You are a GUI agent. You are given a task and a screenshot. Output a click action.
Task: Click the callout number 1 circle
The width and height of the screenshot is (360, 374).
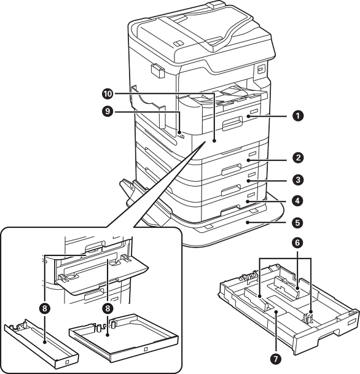pos(298,116)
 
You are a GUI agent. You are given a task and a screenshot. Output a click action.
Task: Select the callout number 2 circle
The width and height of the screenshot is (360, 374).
pos(298,158)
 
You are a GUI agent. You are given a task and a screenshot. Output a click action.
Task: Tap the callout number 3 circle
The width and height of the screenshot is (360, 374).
pos(298,179)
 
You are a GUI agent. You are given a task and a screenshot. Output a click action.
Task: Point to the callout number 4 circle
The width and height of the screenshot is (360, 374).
pos(298,201)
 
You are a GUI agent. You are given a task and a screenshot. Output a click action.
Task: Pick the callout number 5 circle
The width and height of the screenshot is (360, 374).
pos(298,222)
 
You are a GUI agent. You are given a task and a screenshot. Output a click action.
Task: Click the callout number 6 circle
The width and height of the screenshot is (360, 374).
pos(297,243)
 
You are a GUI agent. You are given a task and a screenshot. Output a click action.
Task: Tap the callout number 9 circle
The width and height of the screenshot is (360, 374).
pos(108,111)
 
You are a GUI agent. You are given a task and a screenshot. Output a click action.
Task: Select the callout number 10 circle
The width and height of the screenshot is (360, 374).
pos(108,94)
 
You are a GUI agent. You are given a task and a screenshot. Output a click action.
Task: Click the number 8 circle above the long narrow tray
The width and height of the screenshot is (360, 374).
pos(45,309)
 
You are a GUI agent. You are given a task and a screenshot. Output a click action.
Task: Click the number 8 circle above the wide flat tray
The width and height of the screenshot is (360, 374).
pos(108,309)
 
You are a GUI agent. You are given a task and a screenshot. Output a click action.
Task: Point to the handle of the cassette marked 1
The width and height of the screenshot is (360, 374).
pos(232,124)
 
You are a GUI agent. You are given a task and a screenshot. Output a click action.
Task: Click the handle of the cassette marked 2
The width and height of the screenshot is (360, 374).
pos(231,169)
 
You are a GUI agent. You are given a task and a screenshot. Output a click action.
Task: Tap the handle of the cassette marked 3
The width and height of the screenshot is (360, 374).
pos(231,190)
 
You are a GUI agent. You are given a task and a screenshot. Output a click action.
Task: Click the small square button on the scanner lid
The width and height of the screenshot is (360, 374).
pos(178,43)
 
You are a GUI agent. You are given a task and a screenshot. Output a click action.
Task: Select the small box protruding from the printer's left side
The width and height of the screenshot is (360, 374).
pos(157,71)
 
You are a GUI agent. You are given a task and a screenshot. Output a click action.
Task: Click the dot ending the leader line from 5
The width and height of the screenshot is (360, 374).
pos(248,222)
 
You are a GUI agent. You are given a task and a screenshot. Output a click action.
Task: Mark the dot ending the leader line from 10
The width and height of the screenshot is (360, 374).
pos(214,141)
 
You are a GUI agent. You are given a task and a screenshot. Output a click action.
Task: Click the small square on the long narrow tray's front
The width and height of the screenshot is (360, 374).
pos(67,362)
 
